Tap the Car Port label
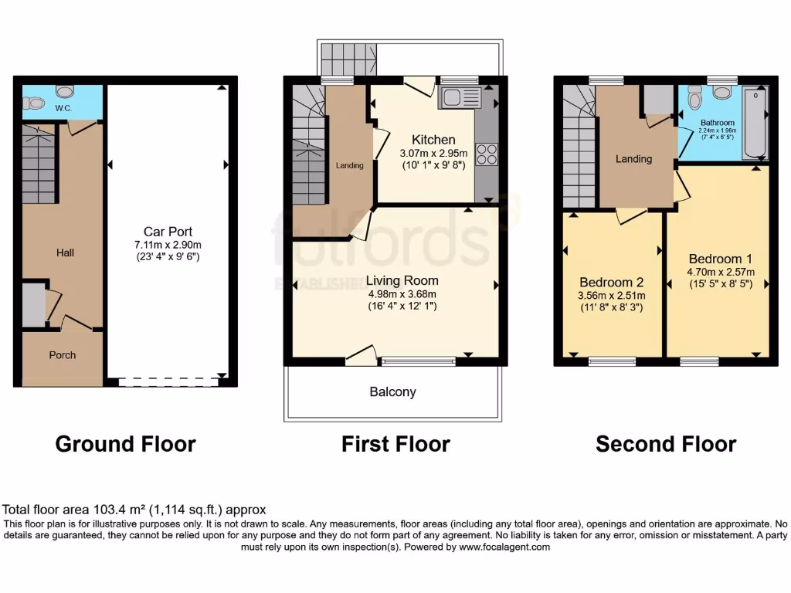(168, 232)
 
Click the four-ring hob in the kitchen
(487, 154)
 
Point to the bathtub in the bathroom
(755, 122)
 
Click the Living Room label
(402, 280)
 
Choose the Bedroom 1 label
(720, 259)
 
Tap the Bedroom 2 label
(611, 283)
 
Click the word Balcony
(392, 392)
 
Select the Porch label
(63, 355)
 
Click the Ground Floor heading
(125, 444)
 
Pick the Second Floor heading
(665, 444)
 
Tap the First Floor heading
(395, 444)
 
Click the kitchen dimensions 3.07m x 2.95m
(433, 154)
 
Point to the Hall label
(65, 252)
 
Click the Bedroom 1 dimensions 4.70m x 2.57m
(720, 271)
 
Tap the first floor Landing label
(349, 165)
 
